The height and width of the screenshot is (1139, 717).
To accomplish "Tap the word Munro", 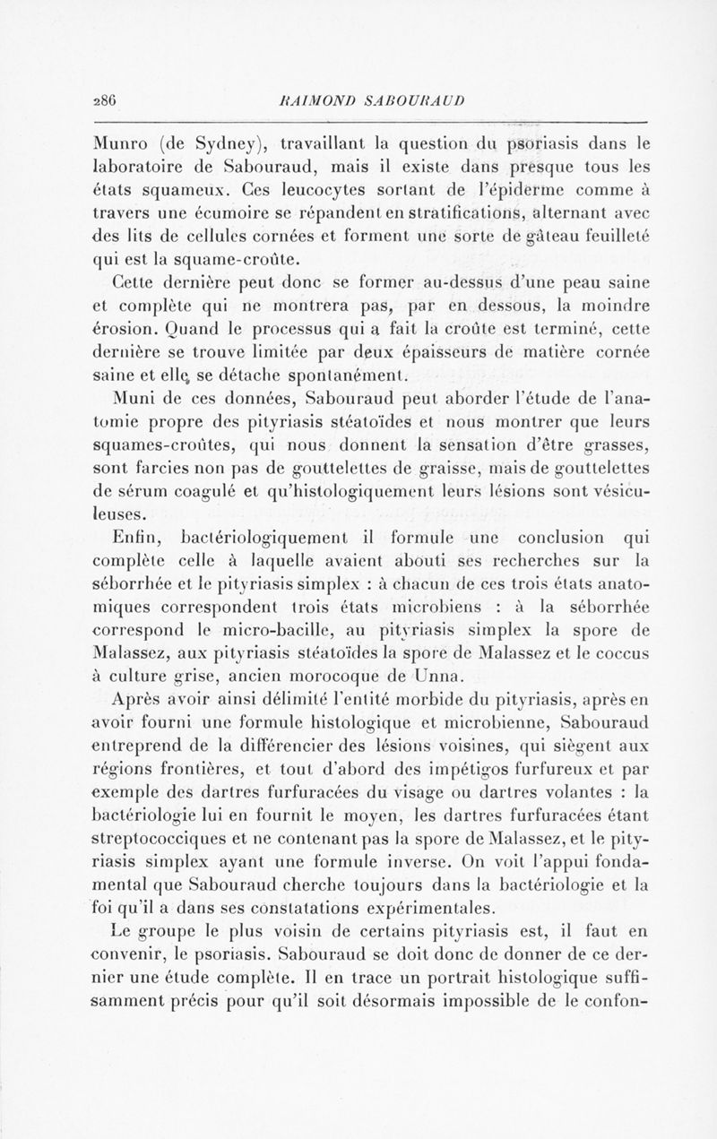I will [x=121, y=142].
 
